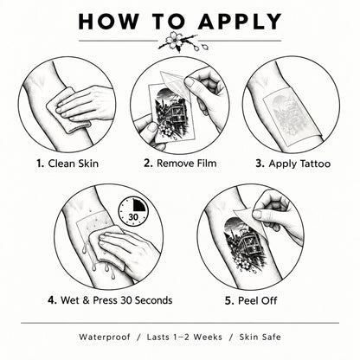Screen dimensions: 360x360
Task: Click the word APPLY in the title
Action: coord(240,22)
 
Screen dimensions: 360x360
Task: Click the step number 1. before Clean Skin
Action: coord(40,164)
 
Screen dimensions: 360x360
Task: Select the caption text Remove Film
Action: coord(186,164)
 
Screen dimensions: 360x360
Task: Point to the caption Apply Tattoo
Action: coord(299,164)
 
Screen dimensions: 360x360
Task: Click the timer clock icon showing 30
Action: coord(133,212)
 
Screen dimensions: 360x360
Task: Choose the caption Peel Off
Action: coord(257,301)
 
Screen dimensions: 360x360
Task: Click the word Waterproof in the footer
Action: coord(105,337)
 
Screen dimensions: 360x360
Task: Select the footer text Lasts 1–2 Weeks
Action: coord(184,337)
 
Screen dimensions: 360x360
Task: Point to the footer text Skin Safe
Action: coord(260,337)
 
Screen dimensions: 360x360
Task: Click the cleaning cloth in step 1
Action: coord(68,111)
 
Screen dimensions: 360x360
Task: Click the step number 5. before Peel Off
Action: coord(229,301)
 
